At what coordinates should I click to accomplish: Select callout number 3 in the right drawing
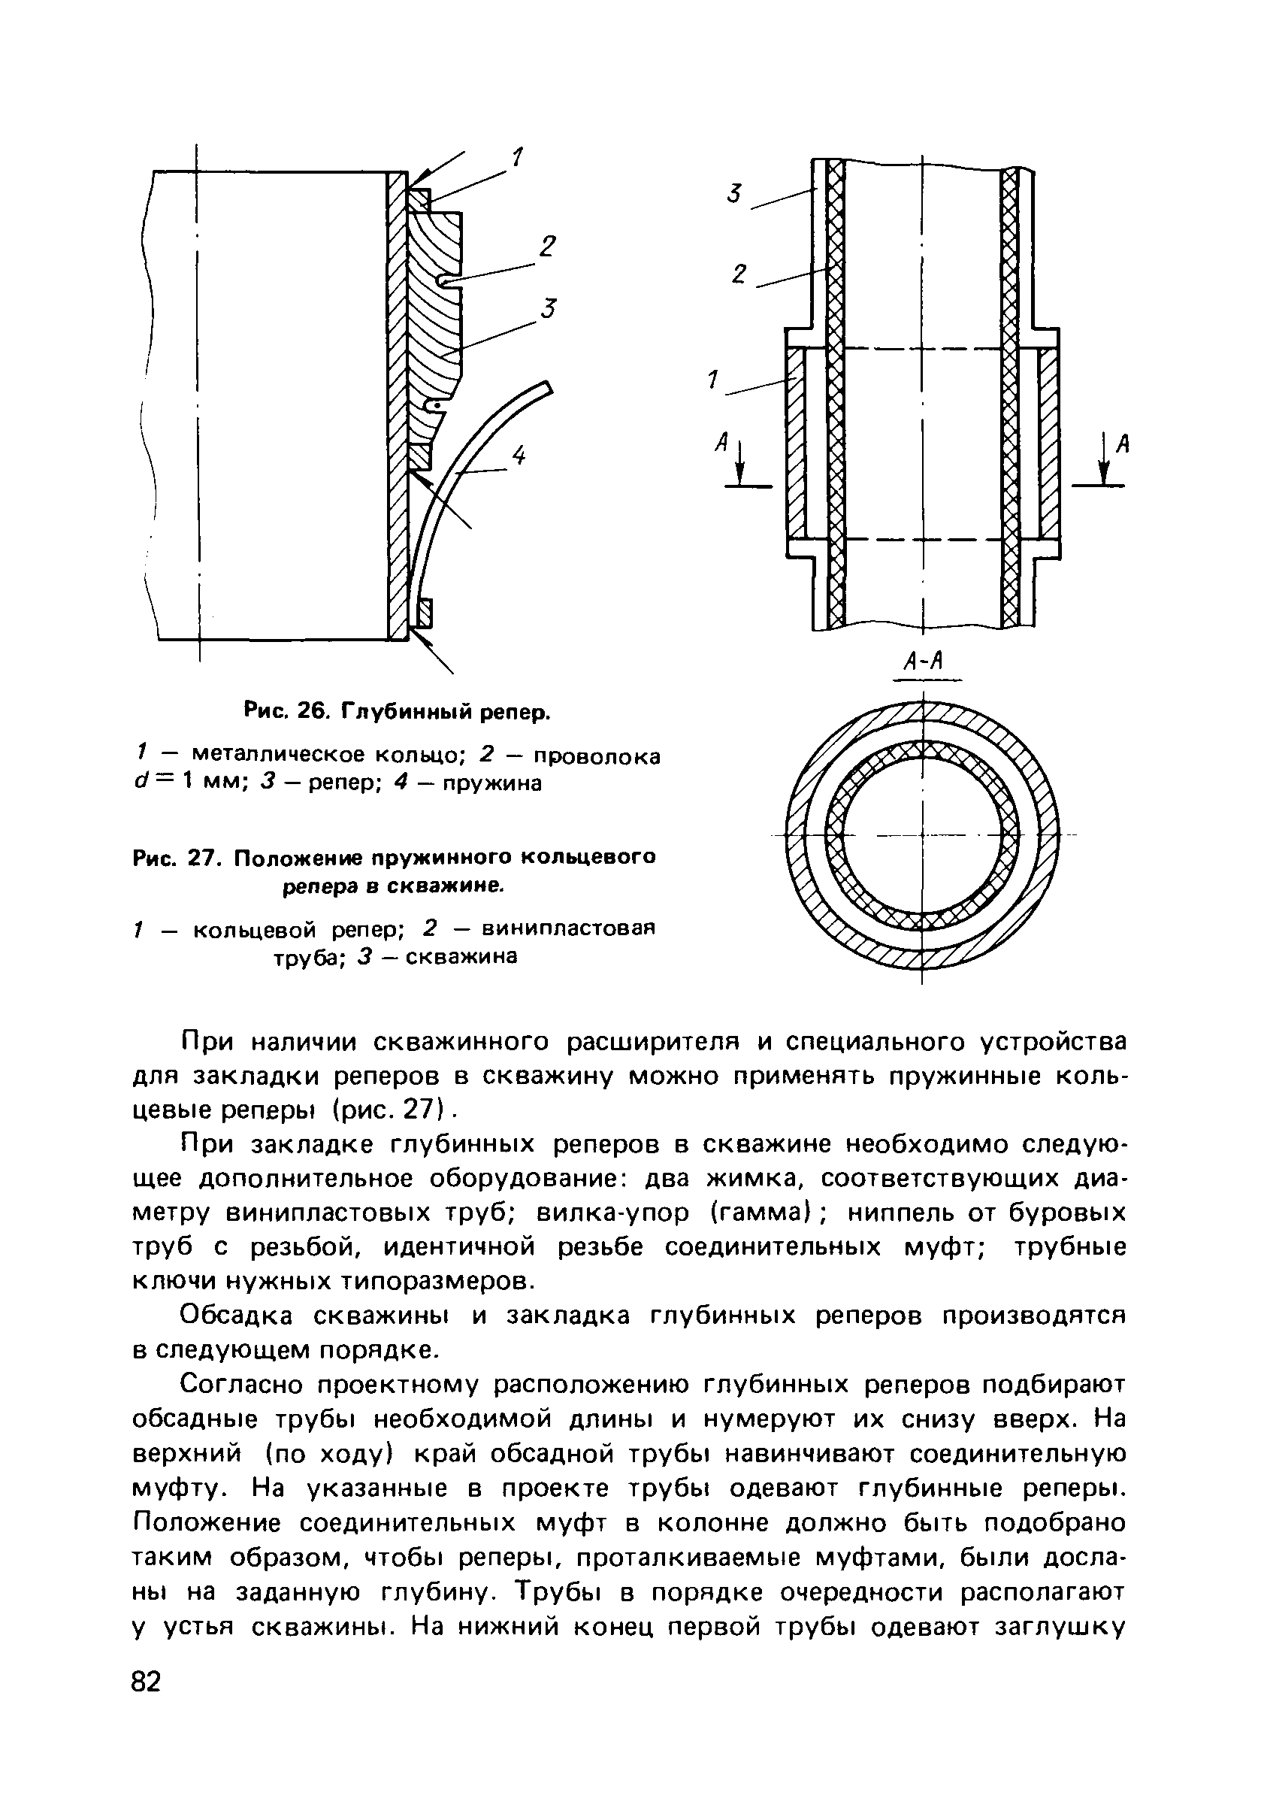[735, 193]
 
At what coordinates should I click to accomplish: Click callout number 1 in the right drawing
[713, 382]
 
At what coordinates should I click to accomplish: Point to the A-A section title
[923, 662]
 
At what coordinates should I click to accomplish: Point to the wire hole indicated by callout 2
[446, 281]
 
